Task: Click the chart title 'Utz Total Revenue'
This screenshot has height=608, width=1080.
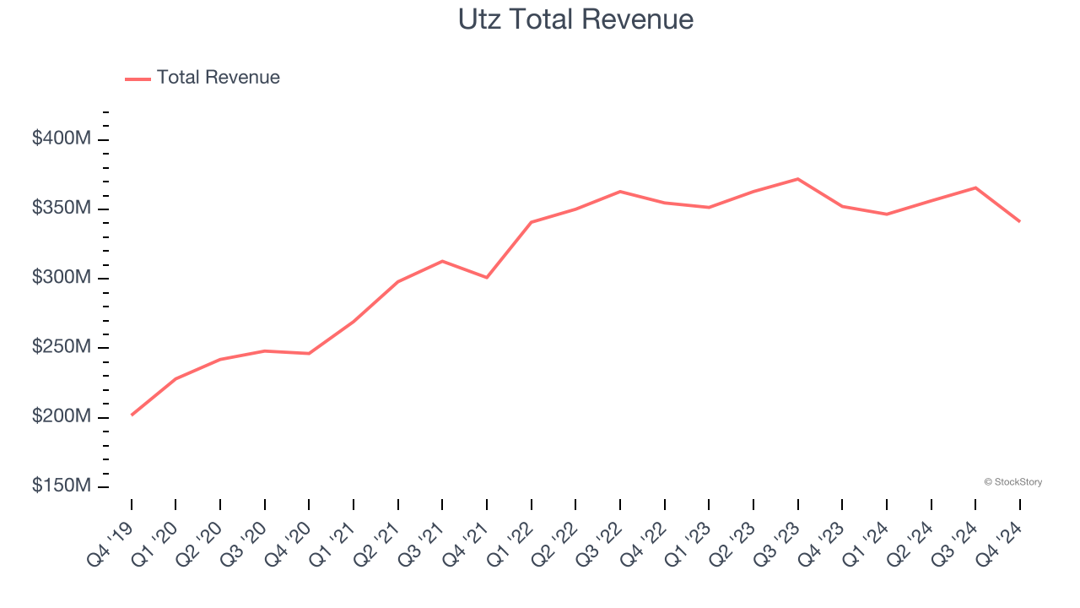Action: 575,19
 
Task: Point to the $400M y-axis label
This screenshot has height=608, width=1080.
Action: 61,138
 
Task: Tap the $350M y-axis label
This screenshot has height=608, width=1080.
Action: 61,209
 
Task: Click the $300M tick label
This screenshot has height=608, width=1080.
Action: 61,278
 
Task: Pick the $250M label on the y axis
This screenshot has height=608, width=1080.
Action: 61,347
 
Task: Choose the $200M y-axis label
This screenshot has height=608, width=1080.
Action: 61,416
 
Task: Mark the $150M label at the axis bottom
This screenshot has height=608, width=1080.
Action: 61,486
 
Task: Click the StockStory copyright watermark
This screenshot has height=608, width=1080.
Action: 1012,482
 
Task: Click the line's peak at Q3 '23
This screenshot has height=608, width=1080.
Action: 798,179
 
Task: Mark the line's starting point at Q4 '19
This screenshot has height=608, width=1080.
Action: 132,415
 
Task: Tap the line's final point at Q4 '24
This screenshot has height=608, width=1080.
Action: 1019,221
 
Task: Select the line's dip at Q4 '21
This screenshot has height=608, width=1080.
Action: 487,277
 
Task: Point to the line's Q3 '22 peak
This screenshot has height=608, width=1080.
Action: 620,192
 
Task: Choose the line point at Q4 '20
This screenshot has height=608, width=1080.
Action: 309,353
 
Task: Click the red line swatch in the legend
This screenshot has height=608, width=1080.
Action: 138,79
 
